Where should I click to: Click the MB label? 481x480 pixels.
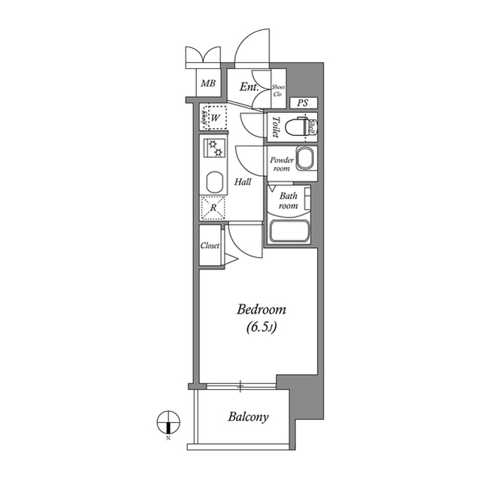208,83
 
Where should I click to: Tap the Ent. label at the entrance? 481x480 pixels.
249,87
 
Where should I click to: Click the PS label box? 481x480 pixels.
302,103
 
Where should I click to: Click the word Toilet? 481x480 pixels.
277,126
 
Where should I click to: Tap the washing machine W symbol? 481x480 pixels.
215,118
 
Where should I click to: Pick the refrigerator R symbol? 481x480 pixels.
213,208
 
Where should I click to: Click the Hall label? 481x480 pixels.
242,182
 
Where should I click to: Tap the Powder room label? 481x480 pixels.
281,164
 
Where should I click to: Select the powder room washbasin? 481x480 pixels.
304,158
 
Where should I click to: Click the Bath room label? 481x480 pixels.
289,201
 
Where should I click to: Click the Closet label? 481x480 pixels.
210,246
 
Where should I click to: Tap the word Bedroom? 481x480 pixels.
261,309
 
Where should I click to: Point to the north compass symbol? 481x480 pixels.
168,422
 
